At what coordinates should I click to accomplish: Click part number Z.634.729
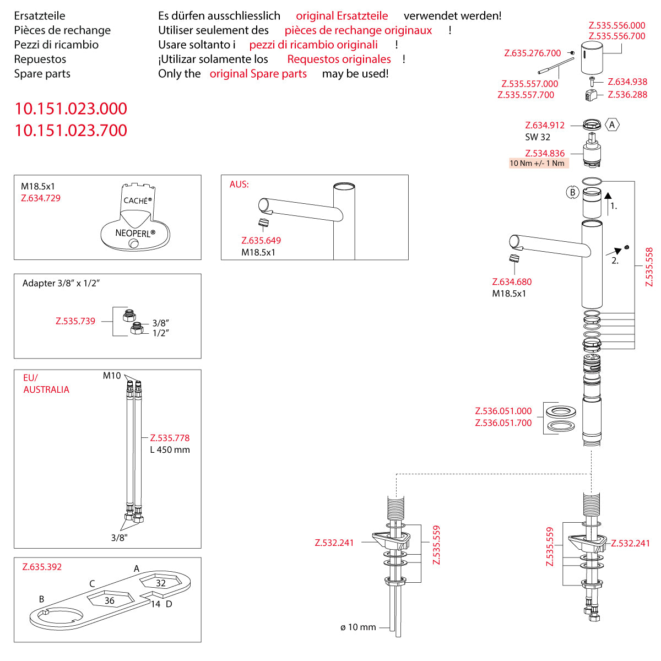tap(41, 198)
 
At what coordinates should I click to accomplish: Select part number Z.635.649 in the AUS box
tap(261, 241)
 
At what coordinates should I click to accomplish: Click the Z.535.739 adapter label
tap(75, 321)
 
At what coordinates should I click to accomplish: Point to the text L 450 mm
tap(170, 450)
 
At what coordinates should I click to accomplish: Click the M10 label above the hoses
tap(112, 376)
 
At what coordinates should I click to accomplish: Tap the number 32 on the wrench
tap(161, 583)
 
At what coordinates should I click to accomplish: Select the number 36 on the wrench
tap(110, 600)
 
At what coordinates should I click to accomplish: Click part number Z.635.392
tap(42, 567)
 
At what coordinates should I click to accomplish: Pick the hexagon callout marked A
tap(612, 125)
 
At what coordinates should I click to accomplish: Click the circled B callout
tap(572, 192)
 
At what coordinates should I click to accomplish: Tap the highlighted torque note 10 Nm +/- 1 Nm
tap(537, 163)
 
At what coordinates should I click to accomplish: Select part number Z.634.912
tap(545, 126)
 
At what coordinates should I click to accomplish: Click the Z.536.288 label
tap(627, 95)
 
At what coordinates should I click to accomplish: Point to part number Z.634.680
tap(512, 282)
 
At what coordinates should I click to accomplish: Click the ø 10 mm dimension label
tap(358, 627)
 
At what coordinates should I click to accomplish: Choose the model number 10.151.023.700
tap(71, 131)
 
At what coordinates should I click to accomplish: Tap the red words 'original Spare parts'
tap(258, 74)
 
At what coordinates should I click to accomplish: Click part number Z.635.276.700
tap(533, 53)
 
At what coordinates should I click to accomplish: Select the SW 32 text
tap(538, 137)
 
